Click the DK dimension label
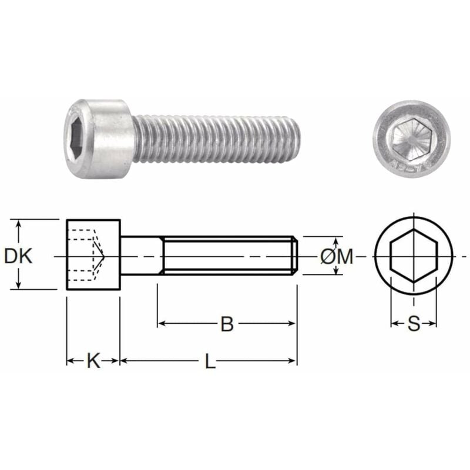[18, 256]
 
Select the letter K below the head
[93, 361]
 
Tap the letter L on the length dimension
[210, 361]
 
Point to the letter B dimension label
[227, 324]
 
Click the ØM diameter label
[337, 256]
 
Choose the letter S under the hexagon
[414, 324]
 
